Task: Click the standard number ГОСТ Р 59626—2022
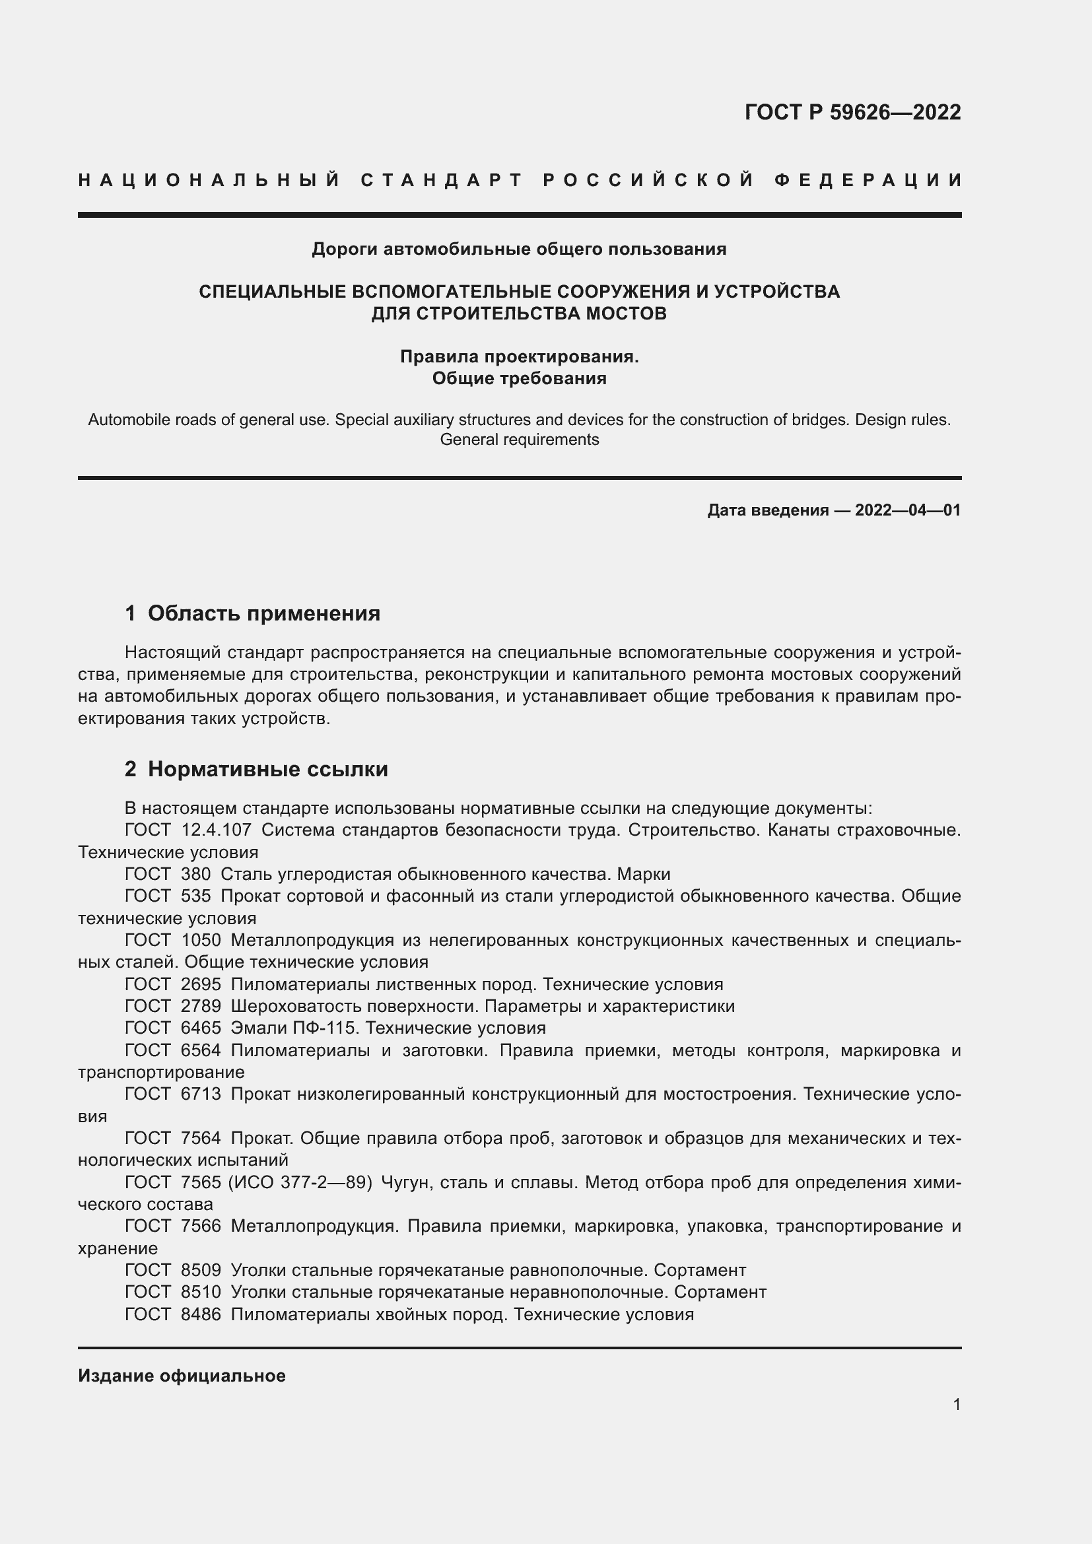852,112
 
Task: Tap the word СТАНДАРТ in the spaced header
442,180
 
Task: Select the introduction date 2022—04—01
908,510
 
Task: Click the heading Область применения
263,613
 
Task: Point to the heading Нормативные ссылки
267,768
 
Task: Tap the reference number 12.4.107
217,830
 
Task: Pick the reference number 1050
201,940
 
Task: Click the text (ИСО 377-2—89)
300,1182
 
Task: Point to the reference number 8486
201,1314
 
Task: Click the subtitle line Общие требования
519,379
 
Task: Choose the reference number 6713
201,1094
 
